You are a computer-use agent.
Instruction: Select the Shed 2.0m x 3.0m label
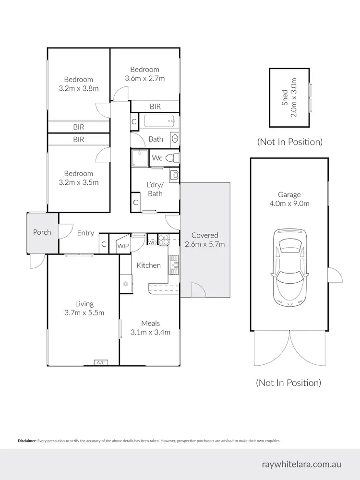click(289, 98)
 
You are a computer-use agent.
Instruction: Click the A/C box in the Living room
click(101, 363)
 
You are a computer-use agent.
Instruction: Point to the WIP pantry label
click(123, 246)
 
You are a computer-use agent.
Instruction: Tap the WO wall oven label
click(152, 242)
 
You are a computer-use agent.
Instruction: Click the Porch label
click(42, 232)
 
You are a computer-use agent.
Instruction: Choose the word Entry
click(85, 233)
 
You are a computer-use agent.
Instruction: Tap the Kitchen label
click(149, 265)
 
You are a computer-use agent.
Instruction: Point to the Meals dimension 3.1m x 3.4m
click(151, 332)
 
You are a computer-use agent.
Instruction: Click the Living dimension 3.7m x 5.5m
click(84, 312)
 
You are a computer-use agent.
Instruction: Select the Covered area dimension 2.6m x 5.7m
click(205, 244)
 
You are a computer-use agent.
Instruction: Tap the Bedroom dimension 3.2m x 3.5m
click(79, 182)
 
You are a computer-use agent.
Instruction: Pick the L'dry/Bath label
click(155, 189)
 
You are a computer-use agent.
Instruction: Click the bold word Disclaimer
click(27, 441)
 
